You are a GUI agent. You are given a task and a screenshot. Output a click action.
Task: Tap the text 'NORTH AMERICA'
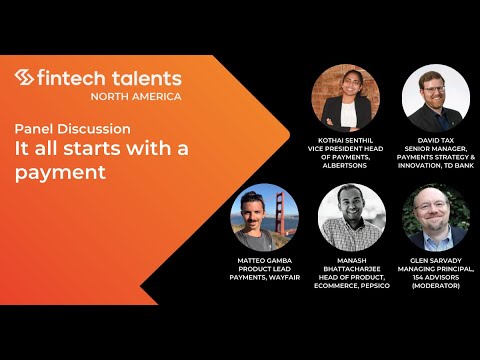(136, 96)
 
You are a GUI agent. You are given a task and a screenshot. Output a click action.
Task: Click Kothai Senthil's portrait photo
(345, 97)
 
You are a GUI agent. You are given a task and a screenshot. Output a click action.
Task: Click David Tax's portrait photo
(436, 97)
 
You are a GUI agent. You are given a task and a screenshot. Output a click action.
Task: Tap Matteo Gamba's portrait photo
(265, 217)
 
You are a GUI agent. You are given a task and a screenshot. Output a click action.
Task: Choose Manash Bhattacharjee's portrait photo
(352, 217)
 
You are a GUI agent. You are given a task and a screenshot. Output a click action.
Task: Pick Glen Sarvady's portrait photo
(436, 217)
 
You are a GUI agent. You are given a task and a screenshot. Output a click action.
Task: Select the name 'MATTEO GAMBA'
(263, 258)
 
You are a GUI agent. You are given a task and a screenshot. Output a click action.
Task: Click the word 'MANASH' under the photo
(352, 258)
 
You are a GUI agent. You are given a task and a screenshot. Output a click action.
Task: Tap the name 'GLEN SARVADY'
(437, 258)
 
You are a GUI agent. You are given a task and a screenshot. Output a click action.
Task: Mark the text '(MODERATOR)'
(437, 286)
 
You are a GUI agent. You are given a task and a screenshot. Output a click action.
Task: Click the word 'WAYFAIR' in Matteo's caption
(284, 277)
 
